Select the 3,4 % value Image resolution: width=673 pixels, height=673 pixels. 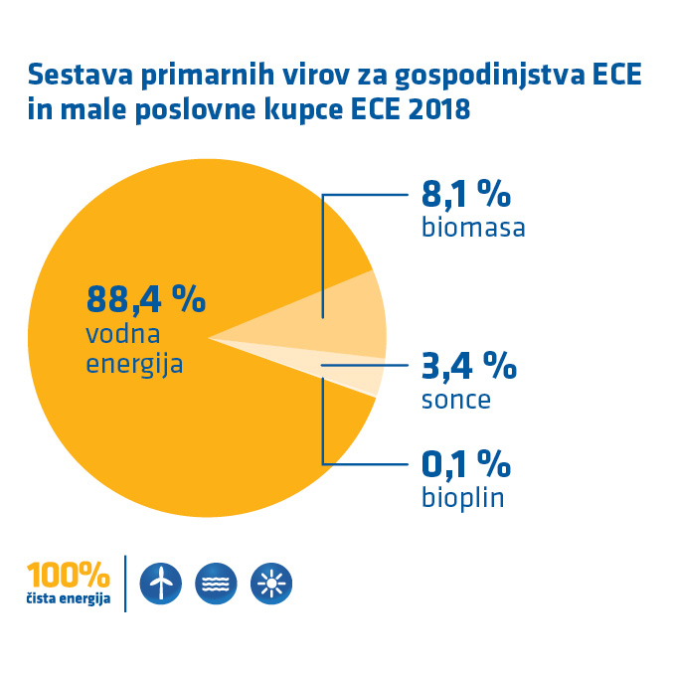click(x=468, y=366)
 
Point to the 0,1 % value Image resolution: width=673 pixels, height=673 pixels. click(x=465, y=463)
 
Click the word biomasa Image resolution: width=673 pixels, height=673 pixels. click(x=473, y=228)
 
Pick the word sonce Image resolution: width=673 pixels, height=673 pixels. click(x=456, y=400)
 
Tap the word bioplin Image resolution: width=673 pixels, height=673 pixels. click(x=462, y=496)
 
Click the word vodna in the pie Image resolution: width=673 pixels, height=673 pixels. click(x=123, y=333)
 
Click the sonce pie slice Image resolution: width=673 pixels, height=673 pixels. click(x=358, y=373)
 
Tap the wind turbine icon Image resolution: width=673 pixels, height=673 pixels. click(x=162, y=584)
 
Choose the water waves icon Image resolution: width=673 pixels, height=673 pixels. click(x=217, y=584)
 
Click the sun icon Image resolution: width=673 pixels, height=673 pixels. click(x=271, y=584)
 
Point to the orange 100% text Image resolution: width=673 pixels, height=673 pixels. click(x=69, y=576)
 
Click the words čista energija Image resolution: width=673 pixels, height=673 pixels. click(x=69, y=599)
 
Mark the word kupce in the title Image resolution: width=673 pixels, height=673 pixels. click(x=305, y=109)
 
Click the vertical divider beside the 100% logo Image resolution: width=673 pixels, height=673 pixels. click(x=125, y=584)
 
